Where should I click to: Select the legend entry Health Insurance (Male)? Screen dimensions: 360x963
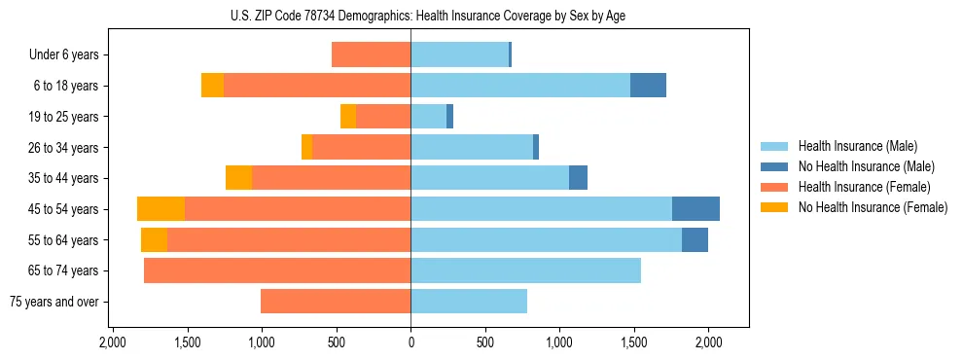[853, 146]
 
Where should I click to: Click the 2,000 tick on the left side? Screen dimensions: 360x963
[113, 342]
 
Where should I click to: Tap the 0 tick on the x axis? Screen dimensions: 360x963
[410, 342]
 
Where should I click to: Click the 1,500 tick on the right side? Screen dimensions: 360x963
[634, 342]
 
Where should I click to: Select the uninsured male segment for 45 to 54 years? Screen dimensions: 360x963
[695, 209]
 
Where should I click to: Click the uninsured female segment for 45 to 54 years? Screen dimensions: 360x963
[161, 209]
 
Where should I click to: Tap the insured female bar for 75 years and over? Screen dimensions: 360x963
[336, 302]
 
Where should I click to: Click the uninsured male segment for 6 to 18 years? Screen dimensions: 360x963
[648, 86]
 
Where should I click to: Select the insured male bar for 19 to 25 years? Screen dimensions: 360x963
[428, 117]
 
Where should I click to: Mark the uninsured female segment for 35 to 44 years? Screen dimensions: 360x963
[238, 178]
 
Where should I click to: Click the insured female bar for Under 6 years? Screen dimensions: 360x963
[371, 55]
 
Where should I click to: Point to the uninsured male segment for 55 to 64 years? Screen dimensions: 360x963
[695, 240]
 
